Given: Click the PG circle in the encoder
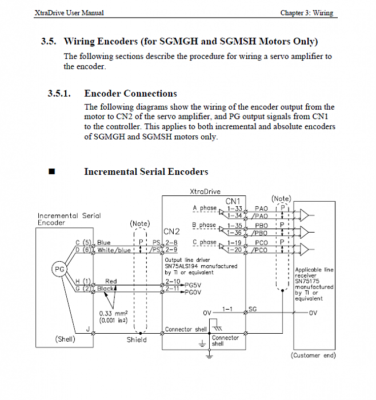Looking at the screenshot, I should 59,268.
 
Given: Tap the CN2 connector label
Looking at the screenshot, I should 172,232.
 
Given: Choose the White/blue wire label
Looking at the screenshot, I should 114,250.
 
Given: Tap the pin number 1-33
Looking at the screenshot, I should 235,209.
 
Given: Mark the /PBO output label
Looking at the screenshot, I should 261,233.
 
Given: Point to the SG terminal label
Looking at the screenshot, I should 253,309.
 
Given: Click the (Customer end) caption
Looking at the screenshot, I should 314,355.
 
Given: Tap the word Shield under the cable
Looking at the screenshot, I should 137,339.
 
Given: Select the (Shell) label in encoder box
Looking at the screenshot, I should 65,339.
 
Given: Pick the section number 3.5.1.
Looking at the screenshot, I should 59,94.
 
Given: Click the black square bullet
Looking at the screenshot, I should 52,171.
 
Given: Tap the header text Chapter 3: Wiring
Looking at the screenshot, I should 307,13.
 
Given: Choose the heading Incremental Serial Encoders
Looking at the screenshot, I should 146,171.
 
